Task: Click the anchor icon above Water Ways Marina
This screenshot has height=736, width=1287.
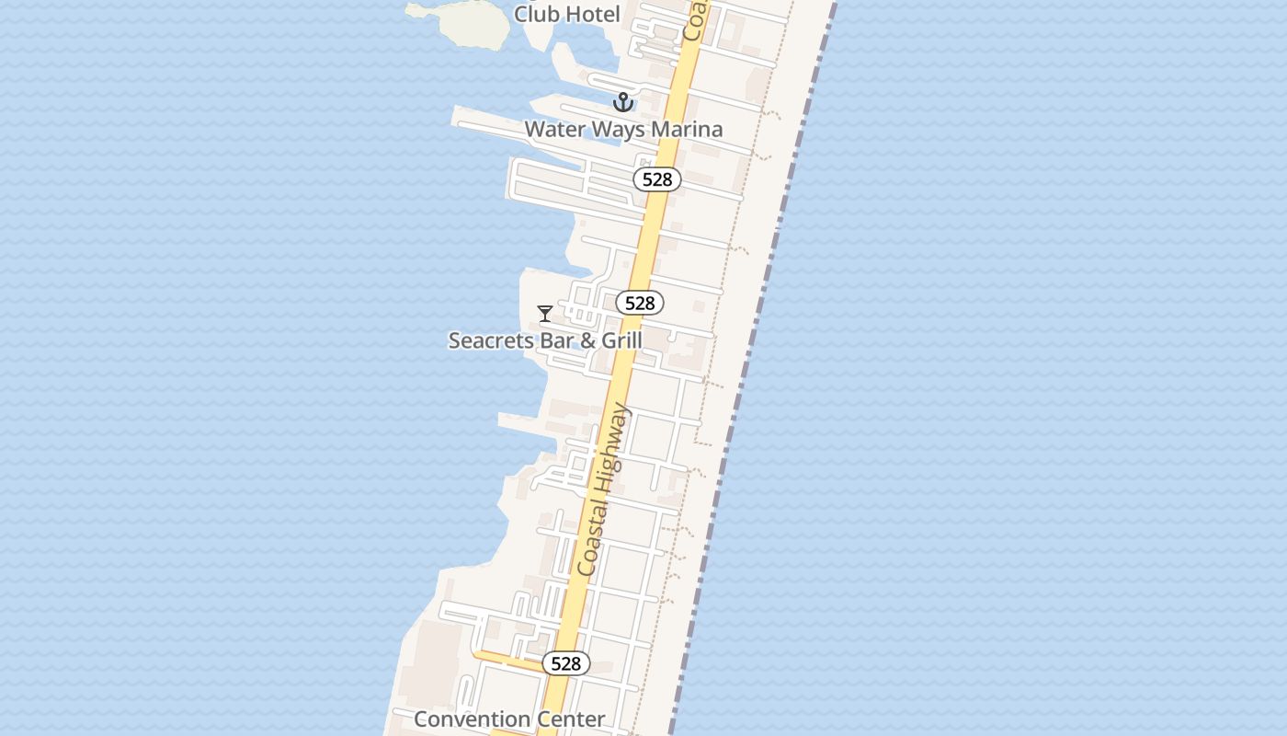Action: click(x=623, y=102)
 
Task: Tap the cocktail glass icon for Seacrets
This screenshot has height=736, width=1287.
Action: click(x=545, y=314)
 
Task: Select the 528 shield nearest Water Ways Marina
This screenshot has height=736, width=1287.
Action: click(x=657, y=179)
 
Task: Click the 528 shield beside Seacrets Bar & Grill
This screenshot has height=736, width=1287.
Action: click(x=640, y=303)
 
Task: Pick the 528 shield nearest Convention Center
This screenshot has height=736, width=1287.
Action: click(x=566, y=663)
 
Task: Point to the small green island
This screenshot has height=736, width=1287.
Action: click(x=469, y=24)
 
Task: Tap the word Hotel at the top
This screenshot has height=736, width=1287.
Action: click(x=592, y=14)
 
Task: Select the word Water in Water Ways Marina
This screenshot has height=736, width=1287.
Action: click(x=554, y=130)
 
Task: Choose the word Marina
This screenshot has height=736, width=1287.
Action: click(x=687, y=130)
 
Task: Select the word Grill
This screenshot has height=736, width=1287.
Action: click(x=621, y=340)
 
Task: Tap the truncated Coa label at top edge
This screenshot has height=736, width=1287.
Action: click(x=695, y=20)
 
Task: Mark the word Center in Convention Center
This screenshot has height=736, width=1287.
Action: click(x=570, y=719)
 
